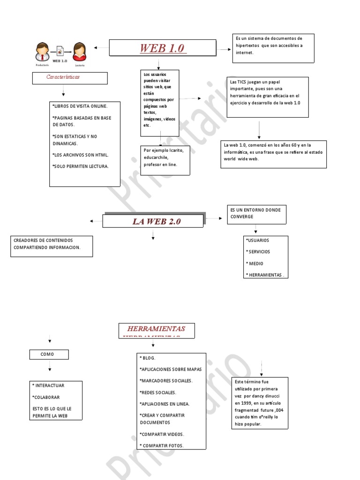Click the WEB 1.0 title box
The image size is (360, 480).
[x=163, y=48]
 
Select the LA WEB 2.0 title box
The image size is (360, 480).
[x=153, y=221]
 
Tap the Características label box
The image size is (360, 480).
[x=70, y=78]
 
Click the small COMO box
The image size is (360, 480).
[x=49, y=355]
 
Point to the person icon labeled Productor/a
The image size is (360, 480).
[x=43, y=52]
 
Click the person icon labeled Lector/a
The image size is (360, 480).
[x=80, y=52]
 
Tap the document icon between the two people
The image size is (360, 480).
[x=60, y=51]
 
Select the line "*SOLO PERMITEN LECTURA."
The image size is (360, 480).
[x=81, y=166]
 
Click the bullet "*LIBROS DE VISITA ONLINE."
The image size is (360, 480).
[x=80, y=106]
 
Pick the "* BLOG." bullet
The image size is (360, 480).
[x=148, y=358]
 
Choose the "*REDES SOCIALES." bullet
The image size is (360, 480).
[x=158, y=392]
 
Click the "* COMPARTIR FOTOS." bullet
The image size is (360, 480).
[x=162, y=445]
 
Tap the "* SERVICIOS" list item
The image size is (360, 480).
[x=258, y=252]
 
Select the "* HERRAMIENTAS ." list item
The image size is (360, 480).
[x=265, y=275]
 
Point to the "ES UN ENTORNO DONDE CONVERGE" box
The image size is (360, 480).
[x=256, y=214]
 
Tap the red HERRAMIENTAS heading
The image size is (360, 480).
[x=157, y=329]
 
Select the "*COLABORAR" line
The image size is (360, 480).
[x=45, y=397]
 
